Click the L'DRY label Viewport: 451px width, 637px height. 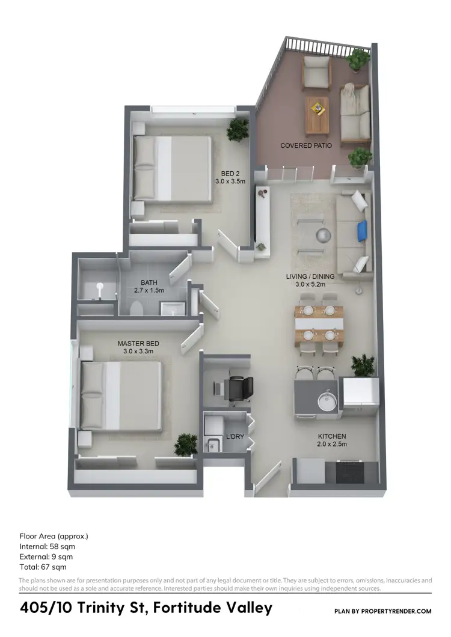click(235, 437)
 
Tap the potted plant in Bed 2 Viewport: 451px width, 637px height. click(238, 128)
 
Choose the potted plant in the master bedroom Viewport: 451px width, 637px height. click(185, 445)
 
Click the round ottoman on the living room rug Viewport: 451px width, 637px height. click(325, 234)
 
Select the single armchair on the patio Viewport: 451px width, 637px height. click(317, 72)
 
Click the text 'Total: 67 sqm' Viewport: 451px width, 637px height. click(43, 567)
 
